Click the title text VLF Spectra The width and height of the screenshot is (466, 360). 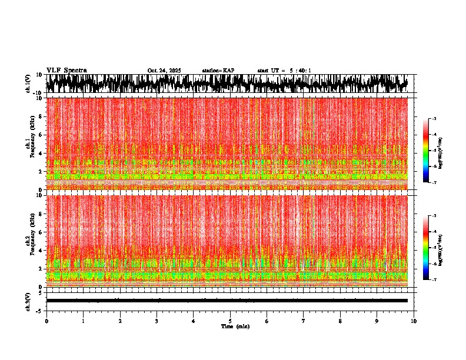66,70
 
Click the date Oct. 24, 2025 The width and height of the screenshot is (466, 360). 164,71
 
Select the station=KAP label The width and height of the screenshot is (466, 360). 218,71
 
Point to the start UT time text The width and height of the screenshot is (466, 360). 284,71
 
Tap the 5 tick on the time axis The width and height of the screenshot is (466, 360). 230,321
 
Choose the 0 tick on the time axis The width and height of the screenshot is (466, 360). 46,321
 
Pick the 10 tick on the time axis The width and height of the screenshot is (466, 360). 414,321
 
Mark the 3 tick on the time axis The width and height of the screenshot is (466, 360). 157,321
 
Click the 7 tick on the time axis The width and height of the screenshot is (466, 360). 304,321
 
